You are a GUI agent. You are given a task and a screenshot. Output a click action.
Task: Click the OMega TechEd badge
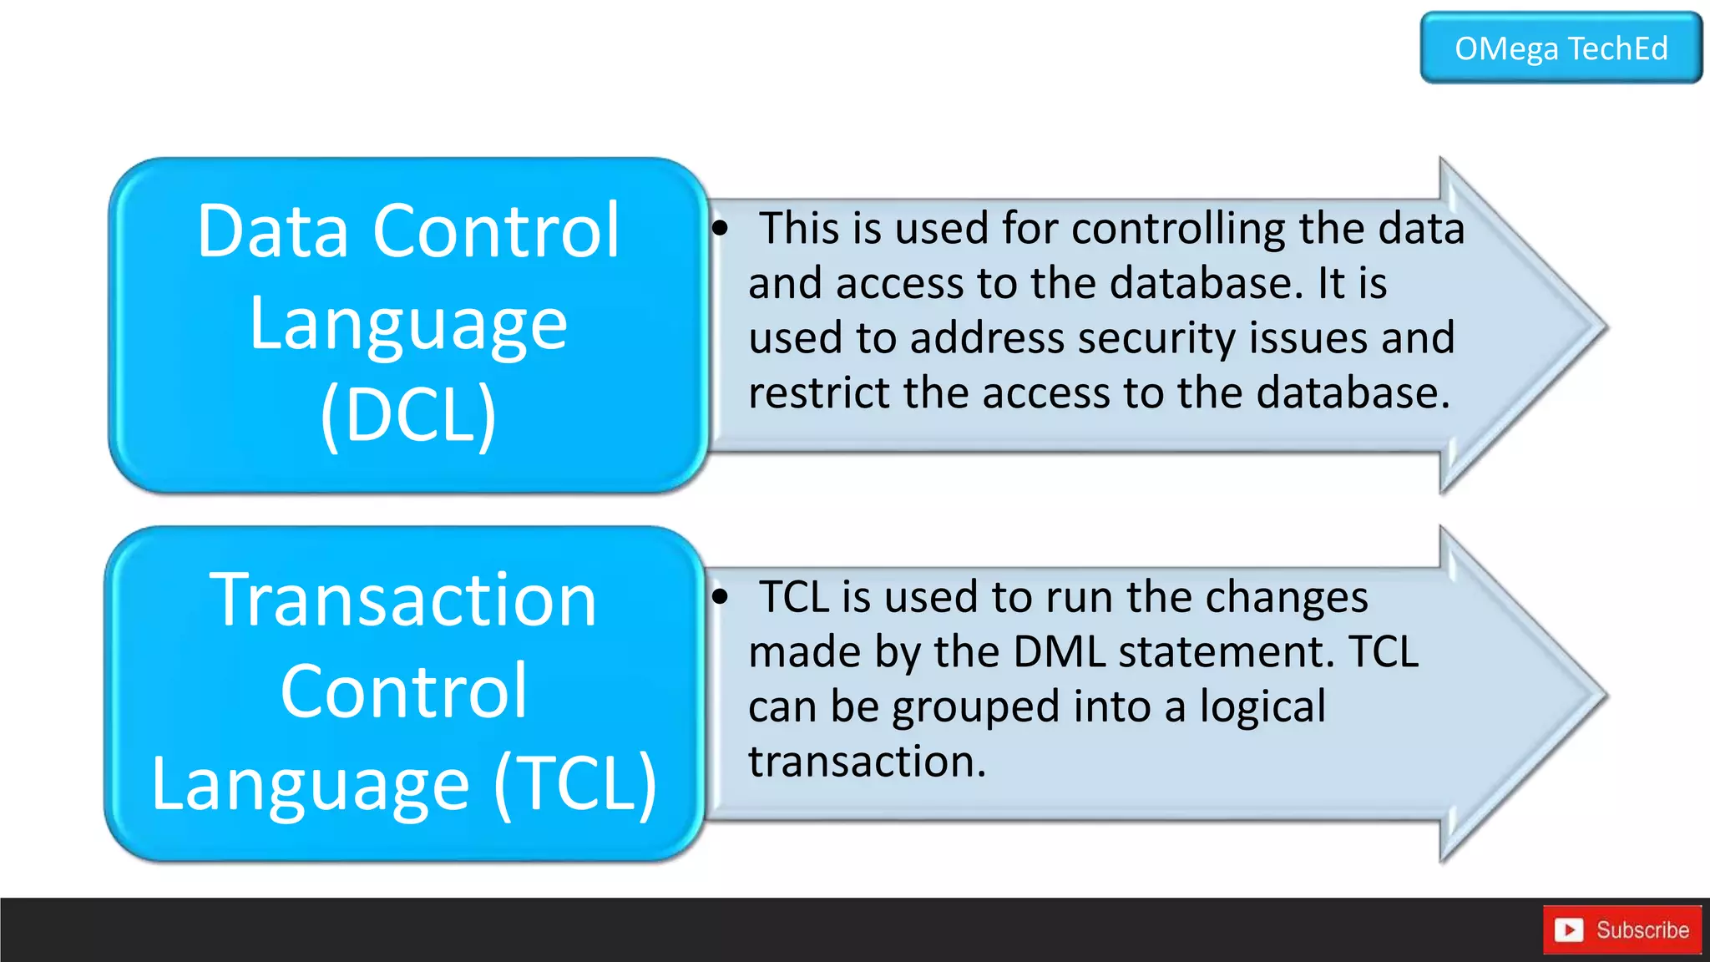point(1561,48)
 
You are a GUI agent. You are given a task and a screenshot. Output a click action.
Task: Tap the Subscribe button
point(1622,929)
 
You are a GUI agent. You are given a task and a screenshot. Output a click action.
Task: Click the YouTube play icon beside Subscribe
point(1569,929)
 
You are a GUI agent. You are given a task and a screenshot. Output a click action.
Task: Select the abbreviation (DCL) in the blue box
point(408,415)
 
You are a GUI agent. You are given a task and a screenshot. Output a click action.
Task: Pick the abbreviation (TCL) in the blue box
point(575,783)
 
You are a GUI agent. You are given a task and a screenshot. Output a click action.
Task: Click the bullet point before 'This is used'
point(721,228)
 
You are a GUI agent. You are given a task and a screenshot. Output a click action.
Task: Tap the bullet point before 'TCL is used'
point(721,597)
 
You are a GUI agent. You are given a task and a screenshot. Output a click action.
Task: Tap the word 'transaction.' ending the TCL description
point(867,762)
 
